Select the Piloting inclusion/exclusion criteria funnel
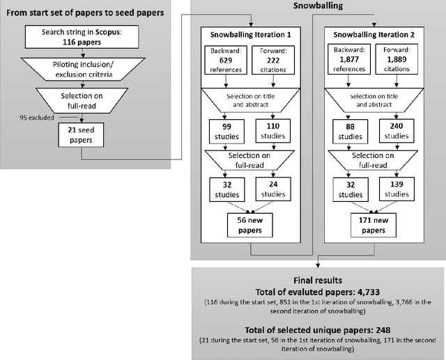click(x=84, y=70)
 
